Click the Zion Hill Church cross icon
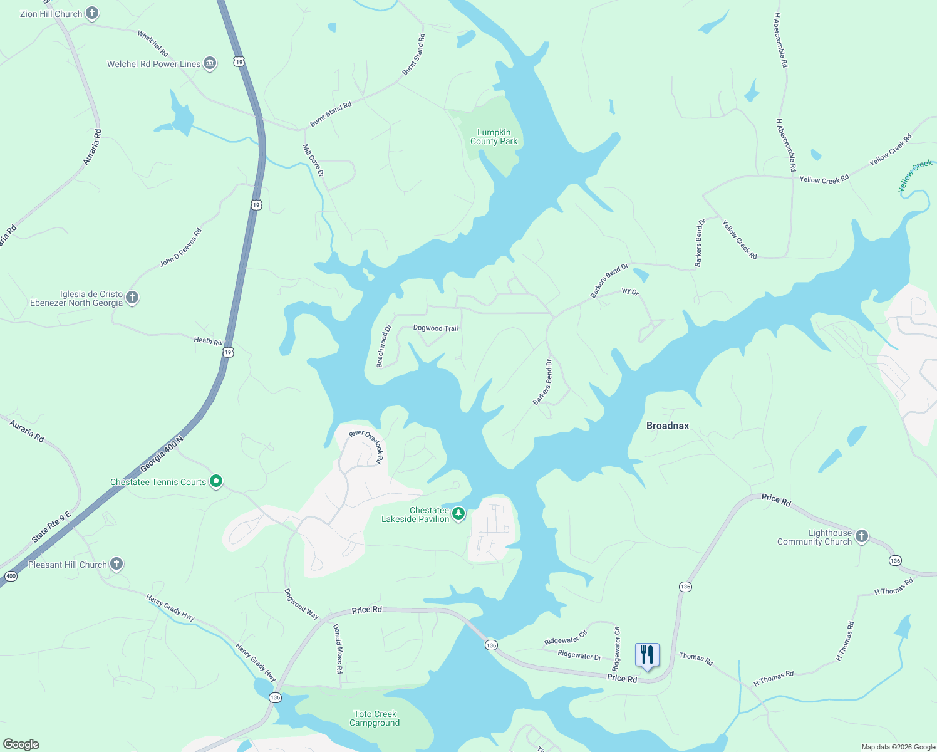(92, 13)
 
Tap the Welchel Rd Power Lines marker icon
(210, 63)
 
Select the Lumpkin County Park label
(494, 137)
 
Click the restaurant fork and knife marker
(647, 655)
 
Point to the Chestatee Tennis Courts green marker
(216, 481)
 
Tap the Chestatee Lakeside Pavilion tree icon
(458, 514)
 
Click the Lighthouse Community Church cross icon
(862, 536)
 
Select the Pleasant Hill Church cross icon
(116, 563)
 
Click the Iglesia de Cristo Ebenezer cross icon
(132, 297)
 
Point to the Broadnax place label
(668, 426)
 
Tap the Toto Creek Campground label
(375, 718)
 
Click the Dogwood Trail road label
(436, 328)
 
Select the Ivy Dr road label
(630, 291)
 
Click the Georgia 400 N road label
(162, 454)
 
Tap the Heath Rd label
(207, 342)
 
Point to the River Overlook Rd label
(366, 445)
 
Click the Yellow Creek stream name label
(915, 175)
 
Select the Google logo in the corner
(21, 744)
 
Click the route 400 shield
(11, 576)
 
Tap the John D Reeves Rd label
(181, 248)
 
